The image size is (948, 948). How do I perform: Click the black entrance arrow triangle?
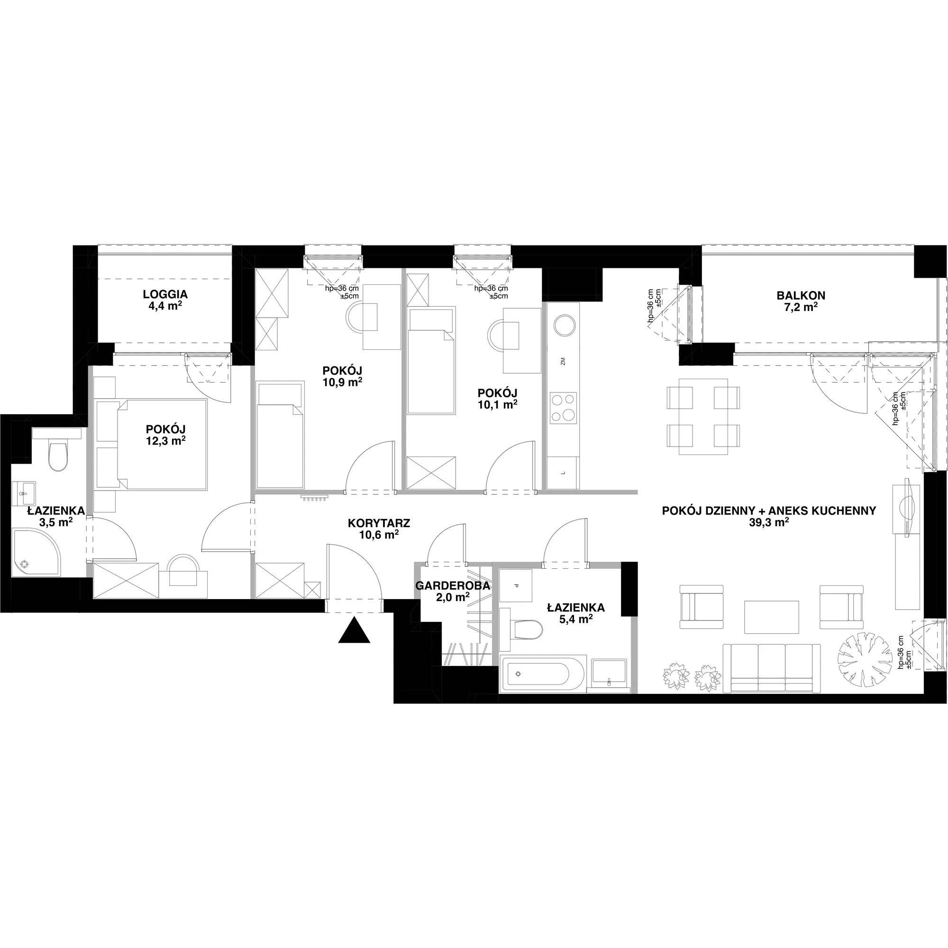coord(354,631)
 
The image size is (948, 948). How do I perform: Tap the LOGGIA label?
coord(165,294)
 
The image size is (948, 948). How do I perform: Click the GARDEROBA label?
coord(452,585)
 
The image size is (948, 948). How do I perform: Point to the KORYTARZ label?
coord(379,523)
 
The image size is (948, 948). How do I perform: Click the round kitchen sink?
coord(563,326)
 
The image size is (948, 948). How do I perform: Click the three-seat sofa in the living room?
coord(771,668)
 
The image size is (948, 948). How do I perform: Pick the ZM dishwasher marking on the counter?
coord(563,362)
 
